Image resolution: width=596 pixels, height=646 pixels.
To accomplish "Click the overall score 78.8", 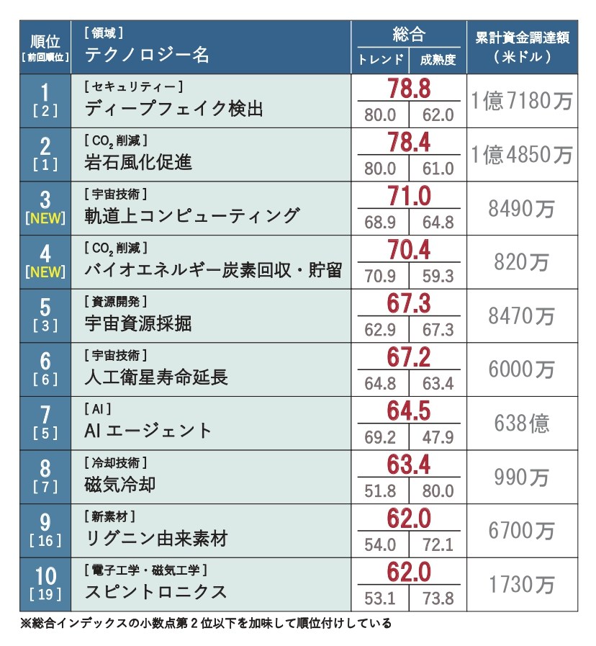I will pyautogui.click(x=409, y=89).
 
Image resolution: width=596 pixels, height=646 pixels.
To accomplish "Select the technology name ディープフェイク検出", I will pyautogui.click(x=173, y=109).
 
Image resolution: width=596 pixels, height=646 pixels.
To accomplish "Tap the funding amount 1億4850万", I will pyautogui.click(x=521, y=154).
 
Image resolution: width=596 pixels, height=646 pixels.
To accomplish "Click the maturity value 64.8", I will pyautogui.click(x=438, y=222).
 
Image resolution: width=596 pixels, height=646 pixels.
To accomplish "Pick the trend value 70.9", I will pyautogui.click(x=380, y=276).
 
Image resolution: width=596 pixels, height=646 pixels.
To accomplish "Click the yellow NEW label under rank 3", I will pyautogui.click(x=45, y=219).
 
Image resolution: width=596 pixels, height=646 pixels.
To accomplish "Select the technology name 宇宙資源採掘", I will pyautogui.click(x=138, y=323).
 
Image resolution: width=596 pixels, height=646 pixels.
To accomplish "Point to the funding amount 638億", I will pyautogui.click(x=521, y=423).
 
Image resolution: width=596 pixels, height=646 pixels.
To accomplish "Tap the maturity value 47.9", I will pyautogui.click(x=438, y=437).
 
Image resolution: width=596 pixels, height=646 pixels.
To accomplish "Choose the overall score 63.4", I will pyautogui.click(x=409, y=465).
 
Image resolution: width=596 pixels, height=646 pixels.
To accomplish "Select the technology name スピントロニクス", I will pyautogui.click(x=155, y=592).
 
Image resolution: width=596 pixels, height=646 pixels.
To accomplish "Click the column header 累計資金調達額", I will pyautogui.click(x=522, y=38).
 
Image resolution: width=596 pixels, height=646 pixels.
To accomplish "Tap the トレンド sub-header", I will pyautogui.click(x=380, y=60).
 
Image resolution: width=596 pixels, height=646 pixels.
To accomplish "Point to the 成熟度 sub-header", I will pyautogui.click(x=438, y=60).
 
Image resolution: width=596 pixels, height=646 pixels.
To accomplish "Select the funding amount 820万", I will pyautogui.click(x=521, y=262).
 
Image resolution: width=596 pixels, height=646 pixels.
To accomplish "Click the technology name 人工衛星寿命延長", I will pyautogui.click(x=155, y=377).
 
